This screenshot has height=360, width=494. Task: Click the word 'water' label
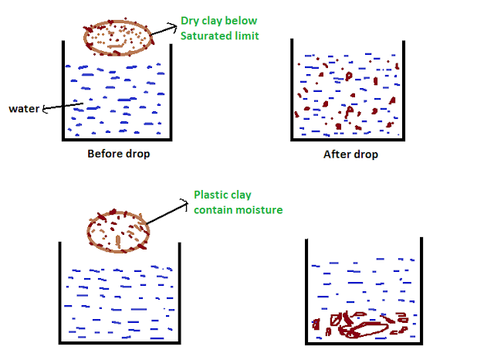[x=24, y=109]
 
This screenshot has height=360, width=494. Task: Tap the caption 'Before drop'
[x=119, y=155]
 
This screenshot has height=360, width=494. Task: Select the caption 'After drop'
[x=350, y=155]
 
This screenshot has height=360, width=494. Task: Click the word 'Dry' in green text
[x=190, y=21]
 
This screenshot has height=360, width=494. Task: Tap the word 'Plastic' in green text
[x=209, y=195]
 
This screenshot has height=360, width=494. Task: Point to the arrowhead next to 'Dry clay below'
[x=173, y=27]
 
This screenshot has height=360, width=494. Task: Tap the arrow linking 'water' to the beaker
[x=63, y=107]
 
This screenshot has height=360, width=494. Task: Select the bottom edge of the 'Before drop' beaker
[x=117, y=139]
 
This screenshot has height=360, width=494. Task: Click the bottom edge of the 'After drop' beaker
[x=347, y=139]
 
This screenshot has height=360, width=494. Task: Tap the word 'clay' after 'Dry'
[x=211, y=21]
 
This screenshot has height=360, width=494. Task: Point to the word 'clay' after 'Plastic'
[x=239, y=195]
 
